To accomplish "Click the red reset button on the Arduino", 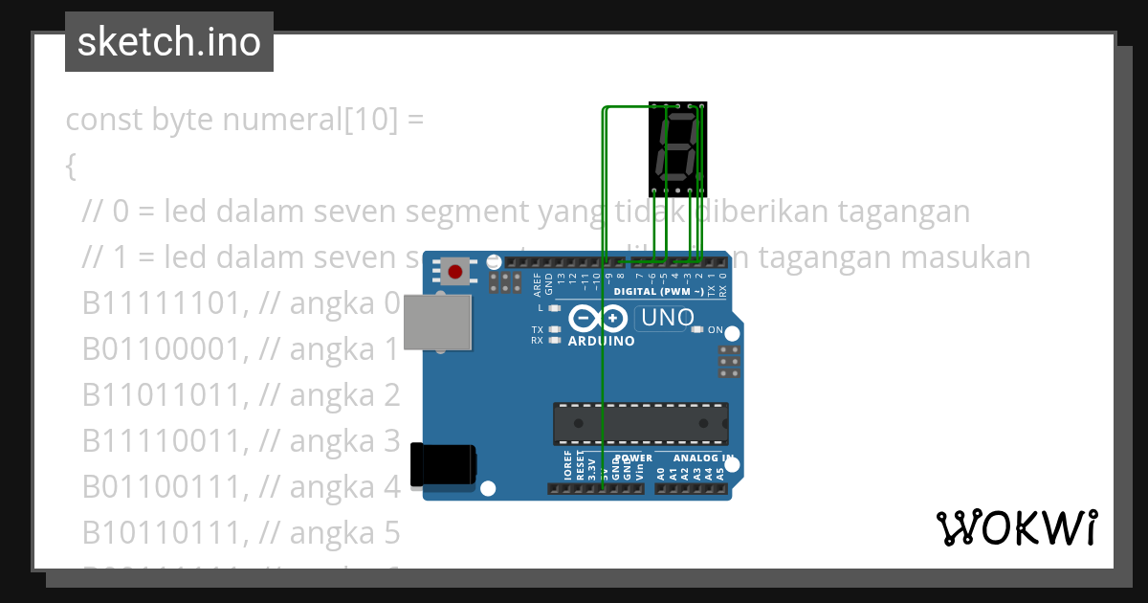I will pos(454,272).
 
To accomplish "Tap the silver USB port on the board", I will pos(438,323).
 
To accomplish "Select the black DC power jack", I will pos(443,465).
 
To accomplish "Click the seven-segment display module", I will pos(677,145).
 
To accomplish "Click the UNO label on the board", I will pos(667,318).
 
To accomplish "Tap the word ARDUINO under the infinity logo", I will pos(601,341).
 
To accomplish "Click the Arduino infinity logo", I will pos(598,318).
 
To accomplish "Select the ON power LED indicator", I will pos(715,329).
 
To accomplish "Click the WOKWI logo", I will pos(1017,527).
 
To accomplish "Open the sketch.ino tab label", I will pos(168,42).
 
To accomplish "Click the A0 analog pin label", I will pos(661,472).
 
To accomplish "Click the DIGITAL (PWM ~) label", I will pos(659,291).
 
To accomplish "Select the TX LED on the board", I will pos(554,329).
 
